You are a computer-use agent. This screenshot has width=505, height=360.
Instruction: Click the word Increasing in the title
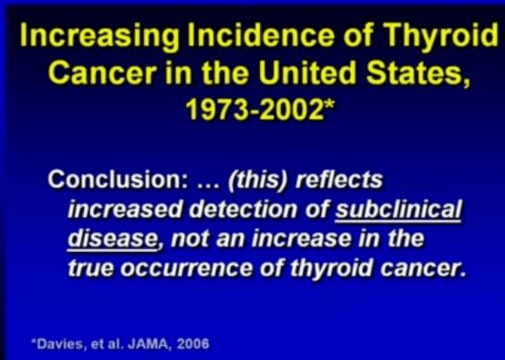[99, 36]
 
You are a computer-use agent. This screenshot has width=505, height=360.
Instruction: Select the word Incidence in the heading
[261, 35]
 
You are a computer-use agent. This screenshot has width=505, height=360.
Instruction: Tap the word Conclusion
[119, 179]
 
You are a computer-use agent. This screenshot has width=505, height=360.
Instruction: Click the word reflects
[339, 179]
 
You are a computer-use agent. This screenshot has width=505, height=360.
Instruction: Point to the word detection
[243, 209]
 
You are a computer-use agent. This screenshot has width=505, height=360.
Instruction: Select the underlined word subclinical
[399, 209]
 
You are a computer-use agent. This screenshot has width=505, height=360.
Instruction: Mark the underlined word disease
[113, 239]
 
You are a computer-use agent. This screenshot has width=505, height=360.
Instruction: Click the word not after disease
[190, 240]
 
